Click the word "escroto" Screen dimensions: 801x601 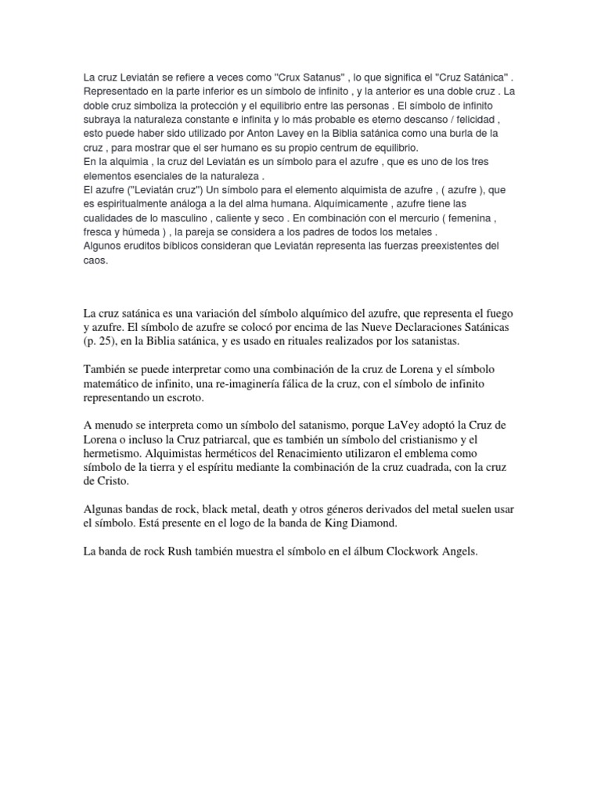pyautogui.click(x=178, y=398)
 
